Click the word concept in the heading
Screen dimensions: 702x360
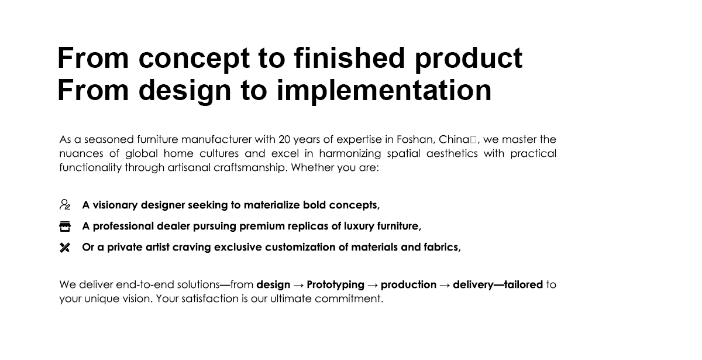[194, 59]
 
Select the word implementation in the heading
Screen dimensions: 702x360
[384, 91]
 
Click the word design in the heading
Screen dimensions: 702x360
[185, 91]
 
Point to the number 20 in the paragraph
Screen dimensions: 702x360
[284, 139]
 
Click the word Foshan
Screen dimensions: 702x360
[415, 139]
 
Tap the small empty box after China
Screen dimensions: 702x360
[473, 139]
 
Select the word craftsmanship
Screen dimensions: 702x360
[250, 167]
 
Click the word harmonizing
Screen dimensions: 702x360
[350, 153]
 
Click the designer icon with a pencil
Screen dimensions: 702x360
[65, 204]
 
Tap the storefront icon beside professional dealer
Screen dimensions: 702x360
[65, 227]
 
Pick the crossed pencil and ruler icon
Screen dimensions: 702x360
[65, 248]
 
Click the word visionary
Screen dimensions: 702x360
[115, 205]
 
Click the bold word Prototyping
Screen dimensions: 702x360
[335, 284]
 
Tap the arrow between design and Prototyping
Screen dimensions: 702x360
[298, 285]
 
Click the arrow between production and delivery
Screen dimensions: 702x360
[445, 285]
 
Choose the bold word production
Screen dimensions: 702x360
[409, 284]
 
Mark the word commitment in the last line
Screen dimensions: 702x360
[349, 299]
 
